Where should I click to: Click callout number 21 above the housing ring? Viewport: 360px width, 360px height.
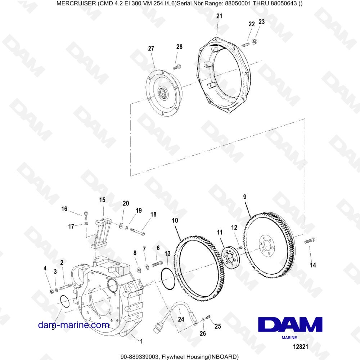pyautogui.click(x=219, y=16)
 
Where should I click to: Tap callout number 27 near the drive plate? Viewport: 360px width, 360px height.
pyautogui.click(x=151, y=49)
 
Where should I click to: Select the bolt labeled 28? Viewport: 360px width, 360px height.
pyautogui.click(x=176, y=66)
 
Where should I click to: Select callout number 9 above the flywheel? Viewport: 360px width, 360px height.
pyautogui.click(x=245, y=197)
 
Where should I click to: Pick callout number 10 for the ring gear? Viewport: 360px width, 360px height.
pyautogui.click(x=175, y=219)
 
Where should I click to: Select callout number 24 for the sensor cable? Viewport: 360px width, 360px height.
pyautogui.click(x=181, y=319)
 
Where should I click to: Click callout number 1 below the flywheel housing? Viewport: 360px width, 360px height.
pyautogui.click(x=141, y=341)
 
